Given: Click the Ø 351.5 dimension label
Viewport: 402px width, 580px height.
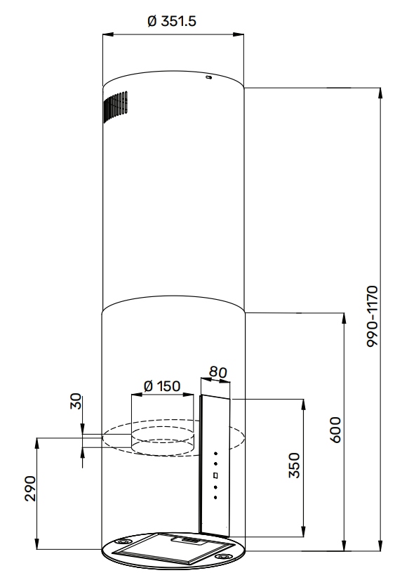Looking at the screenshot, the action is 171,21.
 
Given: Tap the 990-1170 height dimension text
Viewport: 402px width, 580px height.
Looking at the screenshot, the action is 372,316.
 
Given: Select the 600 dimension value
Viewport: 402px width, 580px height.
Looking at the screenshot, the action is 335,430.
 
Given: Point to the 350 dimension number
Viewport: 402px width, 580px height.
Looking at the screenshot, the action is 294,465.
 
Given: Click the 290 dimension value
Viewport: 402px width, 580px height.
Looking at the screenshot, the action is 31,488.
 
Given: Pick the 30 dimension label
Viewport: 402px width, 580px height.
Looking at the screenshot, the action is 75,401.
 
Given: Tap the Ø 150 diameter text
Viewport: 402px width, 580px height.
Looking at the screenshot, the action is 162,385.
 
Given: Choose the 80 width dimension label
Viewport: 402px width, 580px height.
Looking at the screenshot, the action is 217,371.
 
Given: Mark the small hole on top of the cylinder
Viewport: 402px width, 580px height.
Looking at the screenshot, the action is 209,77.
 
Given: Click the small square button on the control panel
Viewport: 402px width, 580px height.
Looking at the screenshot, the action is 216,475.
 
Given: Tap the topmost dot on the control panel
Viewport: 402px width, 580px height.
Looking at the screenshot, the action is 216,453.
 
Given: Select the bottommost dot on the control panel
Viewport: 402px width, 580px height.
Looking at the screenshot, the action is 215,498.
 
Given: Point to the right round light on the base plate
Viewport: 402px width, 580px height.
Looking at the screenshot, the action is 222,557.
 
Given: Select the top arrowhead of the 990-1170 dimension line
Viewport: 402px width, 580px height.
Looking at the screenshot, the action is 380,93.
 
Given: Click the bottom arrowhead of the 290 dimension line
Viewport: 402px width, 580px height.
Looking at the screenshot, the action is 36,544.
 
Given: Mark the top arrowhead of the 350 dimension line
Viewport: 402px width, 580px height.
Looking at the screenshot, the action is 303,404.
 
